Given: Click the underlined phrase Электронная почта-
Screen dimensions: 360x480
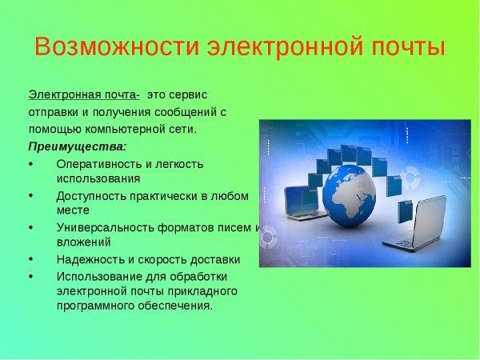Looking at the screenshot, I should click(84, 94).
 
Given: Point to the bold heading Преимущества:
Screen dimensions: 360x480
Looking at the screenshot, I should click(77, 146).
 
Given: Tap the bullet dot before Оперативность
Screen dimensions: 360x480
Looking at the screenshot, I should click(30, 164).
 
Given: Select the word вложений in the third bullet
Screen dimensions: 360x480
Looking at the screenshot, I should click(84, 242).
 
